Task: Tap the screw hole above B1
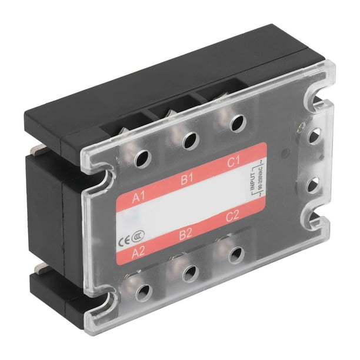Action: click(189, 141)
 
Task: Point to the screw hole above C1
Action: click(235, 122)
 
